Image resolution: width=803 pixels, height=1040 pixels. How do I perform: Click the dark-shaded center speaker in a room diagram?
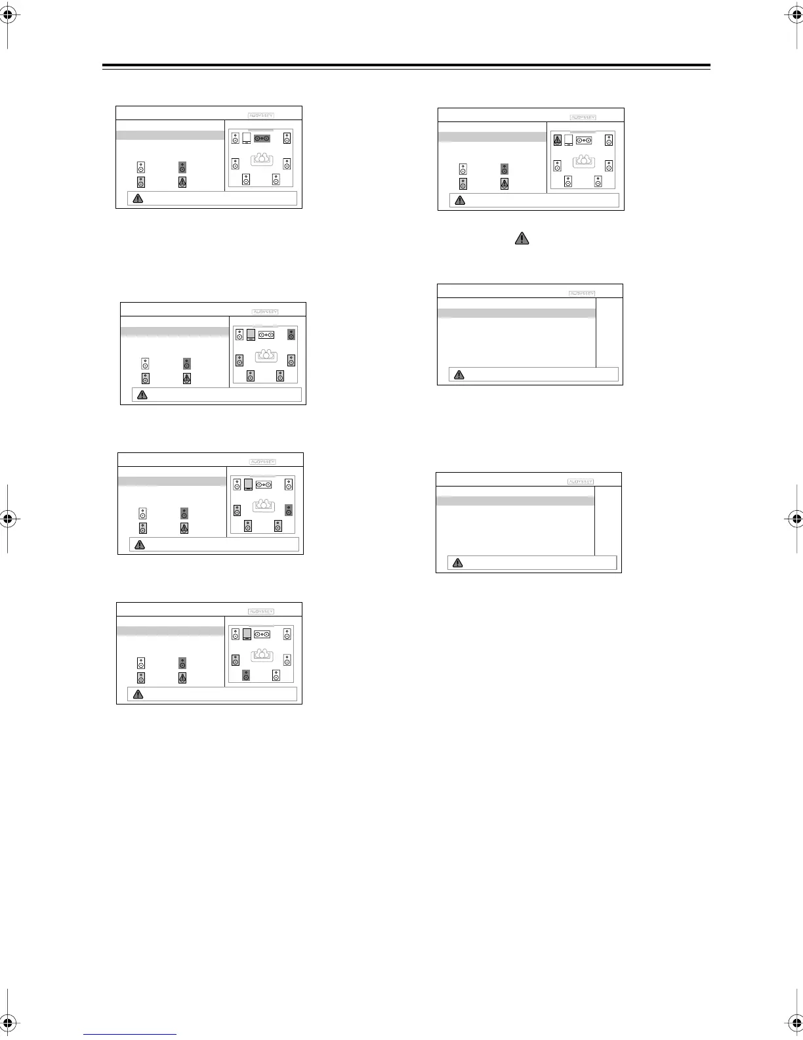pyautogui.click(x=262, y=139)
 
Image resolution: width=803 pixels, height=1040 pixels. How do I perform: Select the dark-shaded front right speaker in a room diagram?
pyautogui.click(x=291, y=335)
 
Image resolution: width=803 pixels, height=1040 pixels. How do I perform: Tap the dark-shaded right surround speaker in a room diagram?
pyautogui.click(x=288, y=510)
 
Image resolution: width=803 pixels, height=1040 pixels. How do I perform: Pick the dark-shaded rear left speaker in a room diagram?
pyautogui.click(x=246, y=675)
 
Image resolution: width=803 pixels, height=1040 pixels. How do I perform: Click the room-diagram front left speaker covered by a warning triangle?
pyautogui.click(x=558, y=140)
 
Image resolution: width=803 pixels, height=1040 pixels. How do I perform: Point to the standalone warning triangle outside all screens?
pyautogui.click(x=521, y=238)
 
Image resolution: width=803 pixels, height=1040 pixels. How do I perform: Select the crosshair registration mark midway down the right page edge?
pyautogui.click(x=796, y=519)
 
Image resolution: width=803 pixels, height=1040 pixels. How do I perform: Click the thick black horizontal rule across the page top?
pyautogui.click(x=406, y=66)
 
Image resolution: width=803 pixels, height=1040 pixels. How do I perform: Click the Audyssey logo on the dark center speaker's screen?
pyautogui.click(x=261, y=116)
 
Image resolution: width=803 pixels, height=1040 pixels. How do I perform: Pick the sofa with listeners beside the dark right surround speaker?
pyautogui.click(x=263, y=505)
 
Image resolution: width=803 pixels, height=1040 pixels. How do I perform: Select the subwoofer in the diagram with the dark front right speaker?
pyautogui.click(x=251, y=336)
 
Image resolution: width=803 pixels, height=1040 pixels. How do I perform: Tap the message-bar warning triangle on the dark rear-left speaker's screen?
pyautogui.click(x=138, y=694)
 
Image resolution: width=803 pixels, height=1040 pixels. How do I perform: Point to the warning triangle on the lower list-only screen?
pyautogui.click(x=458, y=563)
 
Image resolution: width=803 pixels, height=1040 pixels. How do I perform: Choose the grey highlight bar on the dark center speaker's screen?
pyautogui.click(x=171, y=135)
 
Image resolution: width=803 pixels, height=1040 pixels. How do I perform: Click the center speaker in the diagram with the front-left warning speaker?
pyautogui.click(x=584, y=141)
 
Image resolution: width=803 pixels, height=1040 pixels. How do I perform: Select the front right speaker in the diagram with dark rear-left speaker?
pyautogui.click(x=287, y=634)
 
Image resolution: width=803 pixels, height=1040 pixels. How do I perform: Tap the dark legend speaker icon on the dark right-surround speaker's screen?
pyautogui.click(x=184, y=513)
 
